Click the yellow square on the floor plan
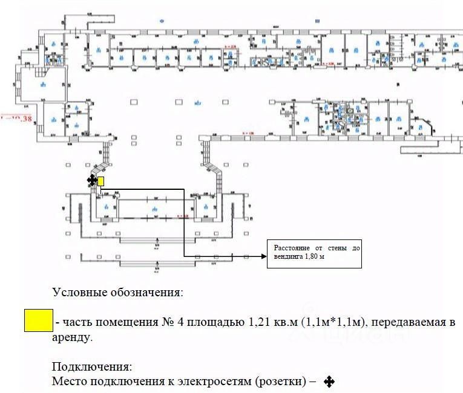tap(100, 181)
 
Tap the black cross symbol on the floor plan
tap(91, 180)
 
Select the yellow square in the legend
tap(38, 321)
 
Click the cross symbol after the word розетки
tap(329, 382)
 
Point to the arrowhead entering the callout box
tap(263, 257)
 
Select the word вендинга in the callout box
tap(288, 257)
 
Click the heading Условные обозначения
tap(117, 293)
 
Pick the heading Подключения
tap(91, 367)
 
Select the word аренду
tap(73, 337)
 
